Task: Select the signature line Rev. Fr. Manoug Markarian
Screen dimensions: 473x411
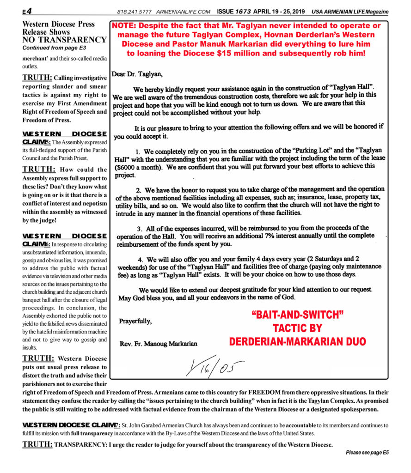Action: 158,343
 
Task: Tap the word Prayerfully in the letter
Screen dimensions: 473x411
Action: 135,321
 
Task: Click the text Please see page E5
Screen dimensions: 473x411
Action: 367,453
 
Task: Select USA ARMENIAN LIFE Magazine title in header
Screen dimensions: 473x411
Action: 350,12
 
